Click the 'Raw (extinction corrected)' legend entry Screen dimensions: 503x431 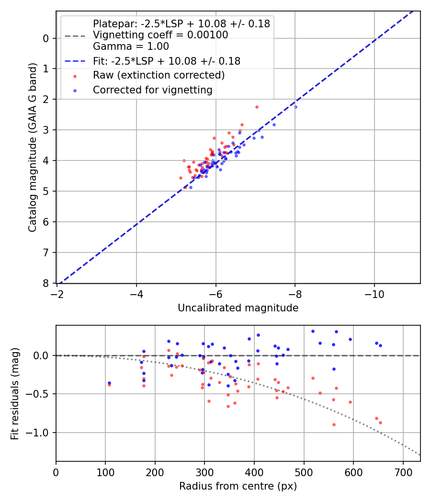[x=159, y=75]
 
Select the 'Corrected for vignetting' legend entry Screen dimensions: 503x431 [x=153, y=90]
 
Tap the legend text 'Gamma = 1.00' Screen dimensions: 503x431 [x=131, y=46]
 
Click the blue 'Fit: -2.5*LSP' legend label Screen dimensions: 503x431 [x=167, y=61]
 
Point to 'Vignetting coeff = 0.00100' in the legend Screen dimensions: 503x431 [x=160, y=35]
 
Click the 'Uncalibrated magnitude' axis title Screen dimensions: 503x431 [x=238, y=308]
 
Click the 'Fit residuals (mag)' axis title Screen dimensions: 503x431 [x=15, y=394]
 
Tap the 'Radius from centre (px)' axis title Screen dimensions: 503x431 [x=238, y=486]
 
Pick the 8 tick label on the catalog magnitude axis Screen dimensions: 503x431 [x=46, y=283]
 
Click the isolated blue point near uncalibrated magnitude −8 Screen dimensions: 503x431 [x=295, y=107]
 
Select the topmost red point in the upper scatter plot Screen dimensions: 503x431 [x=257, y=107]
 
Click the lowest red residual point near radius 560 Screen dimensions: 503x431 [x=334, y=424]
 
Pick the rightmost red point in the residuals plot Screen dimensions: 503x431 [x=380, y=423]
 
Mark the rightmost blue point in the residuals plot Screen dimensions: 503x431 [x=380, y=345]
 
